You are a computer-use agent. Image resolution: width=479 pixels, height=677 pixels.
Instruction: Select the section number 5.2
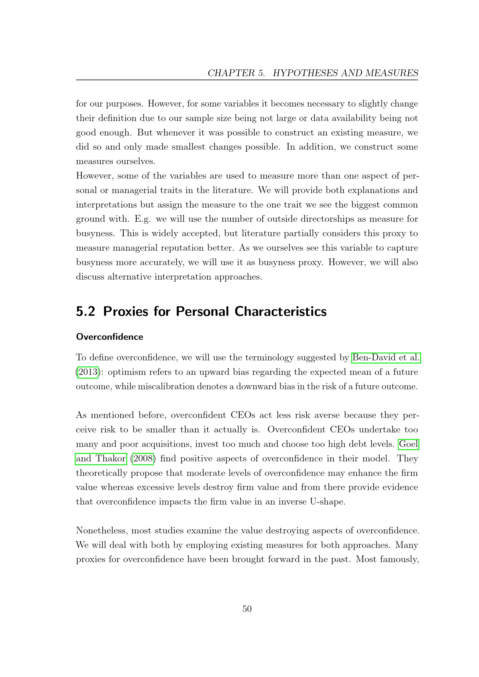click(85, 312)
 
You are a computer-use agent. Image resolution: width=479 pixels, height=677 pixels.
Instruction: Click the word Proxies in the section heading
click(126, 312)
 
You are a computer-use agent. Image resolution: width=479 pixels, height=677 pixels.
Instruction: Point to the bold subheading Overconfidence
click(109, 337)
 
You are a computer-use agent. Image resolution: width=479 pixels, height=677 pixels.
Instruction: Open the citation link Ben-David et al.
click(386, 358)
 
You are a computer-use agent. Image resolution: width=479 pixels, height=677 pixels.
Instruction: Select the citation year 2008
click(143, 459)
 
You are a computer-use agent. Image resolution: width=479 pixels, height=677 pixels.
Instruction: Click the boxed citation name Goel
click(409, 444)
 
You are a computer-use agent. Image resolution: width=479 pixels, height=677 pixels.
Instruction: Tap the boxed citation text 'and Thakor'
click(101, 459)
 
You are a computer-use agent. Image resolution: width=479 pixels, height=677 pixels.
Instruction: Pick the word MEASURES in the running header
click(392, 73)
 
